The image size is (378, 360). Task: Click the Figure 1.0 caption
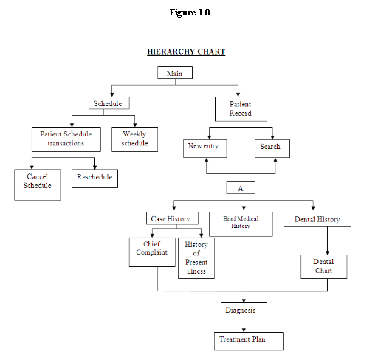(x=189, y=13)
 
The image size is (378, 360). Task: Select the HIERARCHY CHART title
(x=186, y=52)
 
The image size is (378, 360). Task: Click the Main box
(x=175, y=72)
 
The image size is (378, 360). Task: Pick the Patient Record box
(x=240, y=109)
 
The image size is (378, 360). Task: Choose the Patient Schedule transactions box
(x=67, y=139)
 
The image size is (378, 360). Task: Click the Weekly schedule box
(x=134, y=139)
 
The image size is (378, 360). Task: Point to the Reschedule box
(x=94, y=177)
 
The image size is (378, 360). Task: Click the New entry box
(x=205, y=148)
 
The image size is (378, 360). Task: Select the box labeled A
(x=240, y=187)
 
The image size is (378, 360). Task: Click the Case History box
(x=171, y=218)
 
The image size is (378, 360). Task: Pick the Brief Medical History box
(x=241, y=224)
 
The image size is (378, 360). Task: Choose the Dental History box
(x=317, y=219)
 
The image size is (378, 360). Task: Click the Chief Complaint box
(x=150, y=252)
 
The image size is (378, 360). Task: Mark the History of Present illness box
(x=196, y=257)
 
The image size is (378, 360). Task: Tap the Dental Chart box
(x=323, y=266)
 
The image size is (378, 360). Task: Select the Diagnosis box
(x=240, y=311)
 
